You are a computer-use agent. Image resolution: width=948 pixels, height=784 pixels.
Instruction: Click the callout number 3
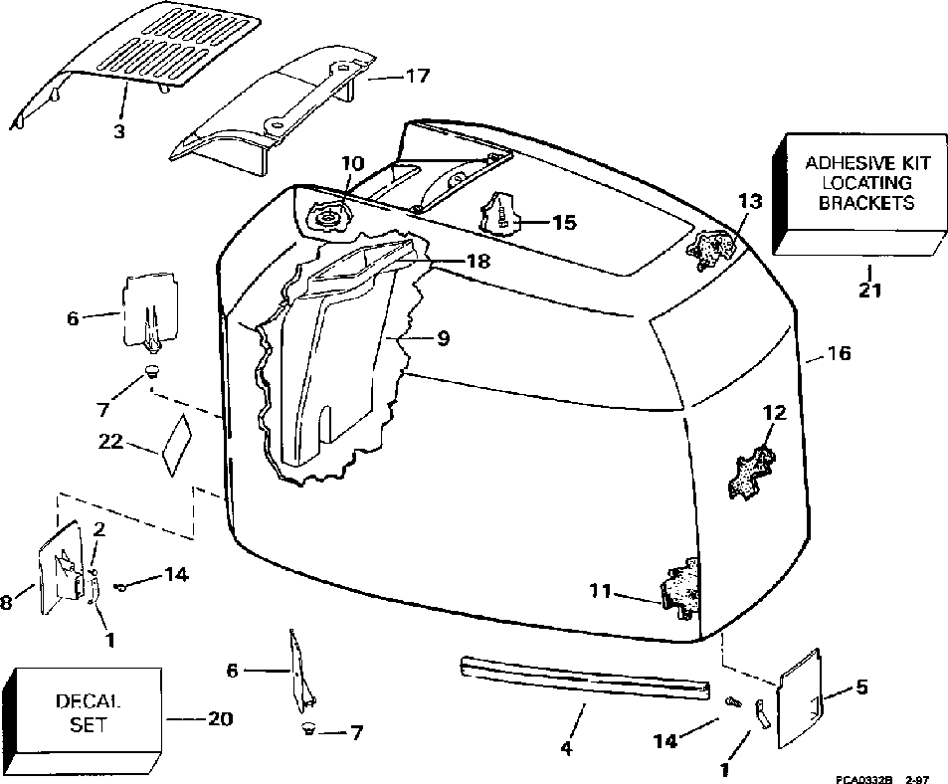tap(119, 129)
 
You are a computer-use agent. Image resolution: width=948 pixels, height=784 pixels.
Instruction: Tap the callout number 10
tap(354, 162)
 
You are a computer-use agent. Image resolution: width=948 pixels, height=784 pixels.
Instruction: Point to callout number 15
tap(563, 222)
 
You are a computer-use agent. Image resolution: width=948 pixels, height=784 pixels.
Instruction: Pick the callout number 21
tap(867, 292)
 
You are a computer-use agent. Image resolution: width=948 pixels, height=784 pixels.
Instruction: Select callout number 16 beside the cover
tap(840, 353)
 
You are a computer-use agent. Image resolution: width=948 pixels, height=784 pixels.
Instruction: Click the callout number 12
tap(774, 411)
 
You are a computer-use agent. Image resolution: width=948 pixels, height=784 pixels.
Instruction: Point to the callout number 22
tap(111, 441)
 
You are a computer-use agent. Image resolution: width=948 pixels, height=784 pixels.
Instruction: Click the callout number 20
tap(220, 718)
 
